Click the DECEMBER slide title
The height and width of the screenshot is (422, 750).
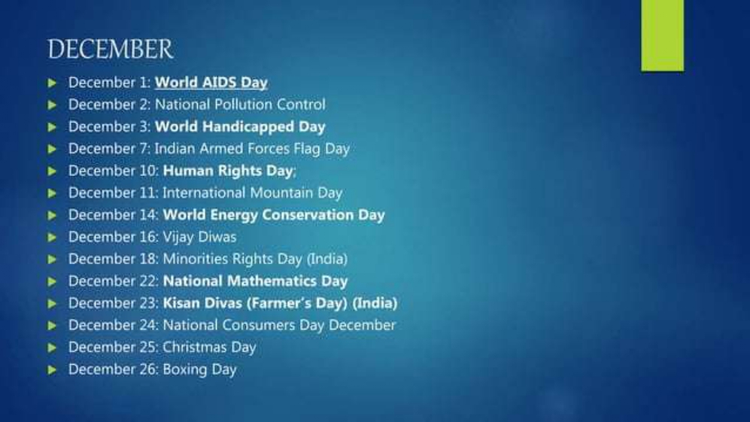(110, 50)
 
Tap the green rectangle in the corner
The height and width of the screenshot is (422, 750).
(663, 35)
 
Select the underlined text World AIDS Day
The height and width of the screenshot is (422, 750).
(211, 83)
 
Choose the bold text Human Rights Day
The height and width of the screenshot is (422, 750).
(228, 172)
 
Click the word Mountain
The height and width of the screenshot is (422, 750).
(281, 193)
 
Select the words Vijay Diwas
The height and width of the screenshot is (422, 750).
(199, 237)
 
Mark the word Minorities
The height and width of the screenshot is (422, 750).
(195, 259)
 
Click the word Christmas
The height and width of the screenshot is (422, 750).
(194, 347)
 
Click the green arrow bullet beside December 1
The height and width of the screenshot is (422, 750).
(52, 83)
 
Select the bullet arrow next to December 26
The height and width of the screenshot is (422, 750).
(52, 369)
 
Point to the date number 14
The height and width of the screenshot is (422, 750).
(147, 215)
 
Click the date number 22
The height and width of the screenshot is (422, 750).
(147, 281)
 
